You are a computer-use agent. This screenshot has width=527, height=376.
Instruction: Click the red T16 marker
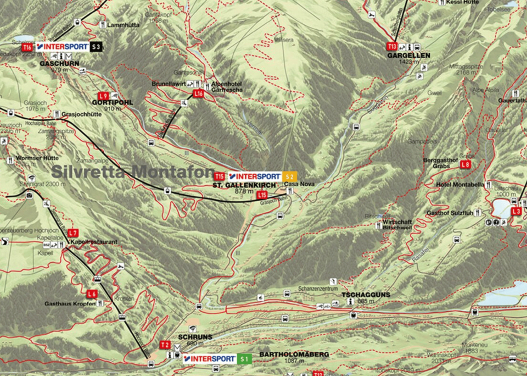(27, 47)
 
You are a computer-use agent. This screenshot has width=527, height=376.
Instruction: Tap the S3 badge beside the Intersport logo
(97, 47)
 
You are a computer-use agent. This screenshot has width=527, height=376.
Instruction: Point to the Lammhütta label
(124, 25)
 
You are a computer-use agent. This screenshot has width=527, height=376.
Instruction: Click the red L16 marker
(199, 94)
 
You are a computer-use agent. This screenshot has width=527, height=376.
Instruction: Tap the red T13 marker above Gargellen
(392, 47)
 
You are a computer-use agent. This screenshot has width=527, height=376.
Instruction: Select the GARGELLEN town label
(407, 56)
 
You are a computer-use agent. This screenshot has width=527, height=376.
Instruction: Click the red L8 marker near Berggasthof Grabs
(466, 164)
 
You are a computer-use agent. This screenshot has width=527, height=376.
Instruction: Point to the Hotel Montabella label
(460, 185)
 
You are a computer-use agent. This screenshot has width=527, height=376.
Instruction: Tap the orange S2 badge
(290, 176)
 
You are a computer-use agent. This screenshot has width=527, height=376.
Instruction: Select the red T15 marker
(220, 176)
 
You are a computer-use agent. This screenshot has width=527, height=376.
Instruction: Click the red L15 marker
(262, 195)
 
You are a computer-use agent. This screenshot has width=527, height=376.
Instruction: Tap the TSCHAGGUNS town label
(366, 295)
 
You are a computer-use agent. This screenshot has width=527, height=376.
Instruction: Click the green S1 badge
(245, 359)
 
